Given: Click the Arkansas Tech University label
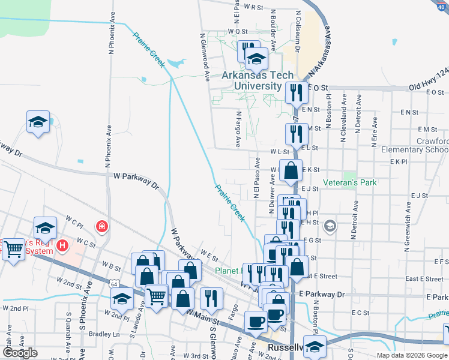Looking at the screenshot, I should (258, 80).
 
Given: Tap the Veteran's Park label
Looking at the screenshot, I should (349, 182).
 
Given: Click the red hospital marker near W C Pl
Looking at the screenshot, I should (102, 226).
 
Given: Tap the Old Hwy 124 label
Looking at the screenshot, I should (429, 87).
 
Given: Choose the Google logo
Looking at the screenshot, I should (20, 353).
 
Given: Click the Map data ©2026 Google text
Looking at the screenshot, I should (411, 355).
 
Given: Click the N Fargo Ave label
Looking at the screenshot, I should (238, 129).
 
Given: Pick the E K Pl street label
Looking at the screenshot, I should (399, 162).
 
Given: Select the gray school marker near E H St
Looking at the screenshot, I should (329, 226).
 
